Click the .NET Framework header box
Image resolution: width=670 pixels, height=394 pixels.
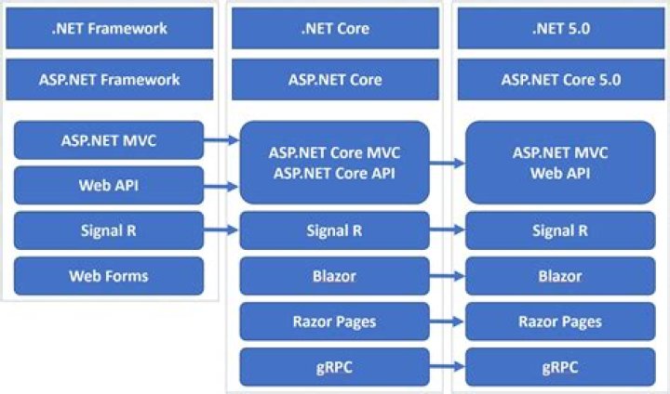pos(109,28)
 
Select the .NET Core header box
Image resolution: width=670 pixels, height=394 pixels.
pos(335,28)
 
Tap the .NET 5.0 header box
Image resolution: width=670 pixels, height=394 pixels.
pos(559,28)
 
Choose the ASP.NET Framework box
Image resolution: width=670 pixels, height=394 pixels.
pos(109,79)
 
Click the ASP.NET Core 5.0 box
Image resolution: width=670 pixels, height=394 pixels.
pos(559,79)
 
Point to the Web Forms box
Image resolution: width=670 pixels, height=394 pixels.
pos(109,276)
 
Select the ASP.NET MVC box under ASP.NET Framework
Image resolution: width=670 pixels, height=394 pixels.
pos(109,140)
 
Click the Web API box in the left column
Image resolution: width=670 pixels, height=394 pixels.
pos(109,186)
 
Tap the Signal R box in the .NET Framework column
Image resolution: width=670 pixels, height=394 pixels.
pos(109,230)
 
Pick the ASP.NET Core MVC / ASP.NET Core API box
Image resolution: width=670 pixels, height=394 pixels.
pos(335,162)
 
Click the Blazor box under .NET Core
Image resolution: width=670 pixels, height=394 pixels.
pos(335,276)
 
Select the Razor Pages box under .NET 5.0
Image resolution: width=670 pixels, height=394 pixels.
pos(559,322)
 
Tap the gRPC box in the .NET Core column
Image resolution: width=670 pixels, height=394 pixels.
pos(335,367)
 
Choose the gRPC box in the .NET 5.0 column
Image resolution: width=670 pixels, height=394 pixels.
pos(559,367)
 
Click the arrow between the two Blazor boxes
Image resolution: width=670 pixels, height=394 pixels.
pos(448,276)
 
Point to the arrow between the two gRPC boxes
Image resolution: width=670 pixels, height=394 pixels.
pos(448,367)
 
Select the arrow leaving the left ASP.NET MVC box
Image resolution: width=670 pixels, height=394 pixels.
pos(221,140)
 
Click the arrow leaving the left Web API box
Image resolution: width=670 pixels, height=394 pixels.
pos(221,186)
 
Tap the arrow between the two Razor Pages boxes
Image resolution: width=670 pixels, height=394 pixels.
pos(448,322)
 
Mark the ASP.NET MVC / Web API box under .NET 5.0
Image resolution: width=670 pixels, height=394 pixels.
pos(559,162)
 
